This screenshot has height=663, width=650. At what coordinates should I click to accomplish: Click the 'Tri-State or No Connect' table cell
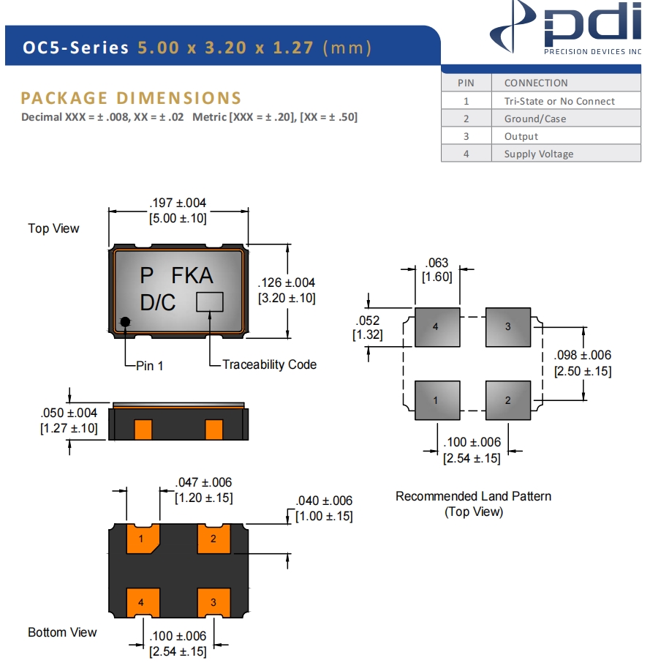(559, 101)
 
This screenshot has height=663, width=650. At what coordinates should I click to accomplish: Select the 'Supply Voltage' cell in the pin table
(538, 154)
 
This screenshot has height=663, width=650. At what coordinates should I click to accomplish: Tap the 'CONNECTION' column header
(536, 83)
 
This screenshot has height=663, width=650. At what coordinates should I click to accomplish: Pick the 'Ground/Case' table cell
(535, 119)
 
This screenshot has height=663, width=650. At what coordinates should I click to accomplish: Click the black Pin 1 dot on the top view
(126, 322)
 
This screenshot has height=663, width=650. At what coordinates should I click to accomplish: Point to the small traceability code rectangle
(209, 301)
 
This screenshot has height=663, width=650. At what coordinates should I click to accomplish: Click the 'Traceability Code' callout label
(269, 364)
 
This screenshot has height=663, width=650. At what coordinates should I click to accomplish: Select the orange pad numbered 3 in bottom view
(213, 602)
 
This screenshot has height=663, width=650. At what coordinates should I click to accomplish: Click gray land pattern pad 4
(437, 327)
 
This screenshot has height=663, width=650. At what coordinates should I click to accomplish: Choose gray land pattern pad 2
(508, 400)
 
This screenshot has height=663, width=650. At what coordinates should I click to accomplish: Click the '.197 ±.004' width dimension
(178, 203)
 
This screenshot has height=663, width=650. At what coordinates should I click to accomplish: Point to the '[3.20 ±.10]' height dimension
(287, 298)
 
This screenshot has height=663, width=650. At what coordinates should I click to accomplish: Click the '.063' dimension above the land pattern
(437, 263)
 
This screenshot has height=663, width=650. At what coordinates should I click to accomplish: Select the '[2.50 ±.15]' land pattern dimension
(583, 371)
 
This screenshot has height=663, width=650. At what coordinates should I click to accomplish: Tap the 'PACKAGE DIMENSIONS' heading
(131, 98)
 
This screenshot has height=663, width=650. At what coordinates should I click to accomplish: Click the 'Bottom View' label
(62, 632)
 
